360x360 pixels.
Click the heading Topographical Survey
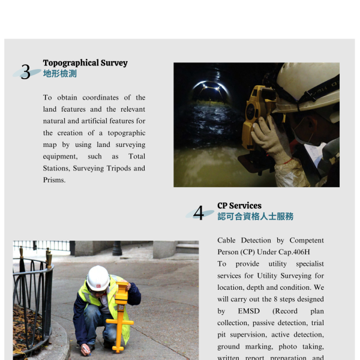85,63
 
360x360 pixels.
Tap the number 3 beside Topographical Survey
26,73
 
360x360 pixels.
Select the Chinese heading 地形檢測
60,74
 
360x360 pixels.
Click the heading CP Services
239,205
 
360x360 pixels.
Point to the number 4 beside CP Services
199,213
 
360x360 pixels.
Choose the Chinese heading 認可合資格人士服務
256,216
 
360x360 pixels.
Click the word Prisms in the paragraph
54,180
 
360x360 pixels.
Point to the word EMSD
248,311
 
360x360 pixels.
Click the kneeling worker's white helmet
98,278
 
